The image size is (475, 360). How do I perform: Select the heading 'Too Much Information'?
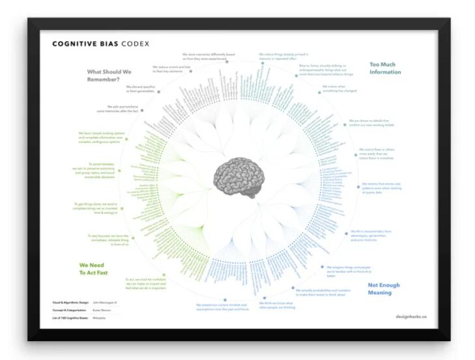pos(385,68)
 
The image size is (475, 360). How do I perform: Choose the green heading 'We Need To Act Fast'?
pos(92,269)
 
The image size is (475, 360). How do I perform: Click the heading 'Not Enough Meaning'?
pos(384,289)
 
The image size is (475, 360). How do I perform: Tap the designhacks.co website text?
pos(410,316)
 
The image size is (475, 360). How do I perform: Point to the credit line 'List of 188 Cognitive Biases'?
pos(69,318)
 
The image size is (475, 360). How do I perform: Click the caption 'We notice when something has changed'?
pos(334,89)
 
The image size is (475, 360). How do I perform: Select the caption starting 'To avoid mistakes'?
pos(100,170)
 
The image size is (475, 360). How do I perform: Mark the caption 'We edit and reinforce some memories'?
pos(125,109)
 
